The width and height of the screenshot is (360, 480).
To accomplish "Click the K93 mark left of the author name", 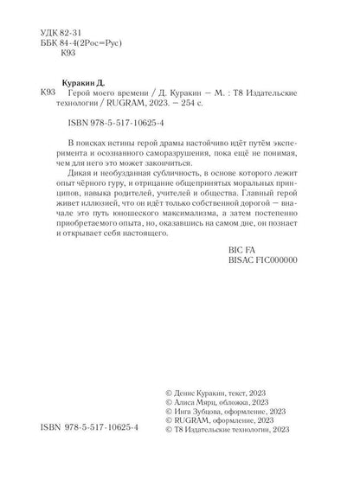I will point(49,90).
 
